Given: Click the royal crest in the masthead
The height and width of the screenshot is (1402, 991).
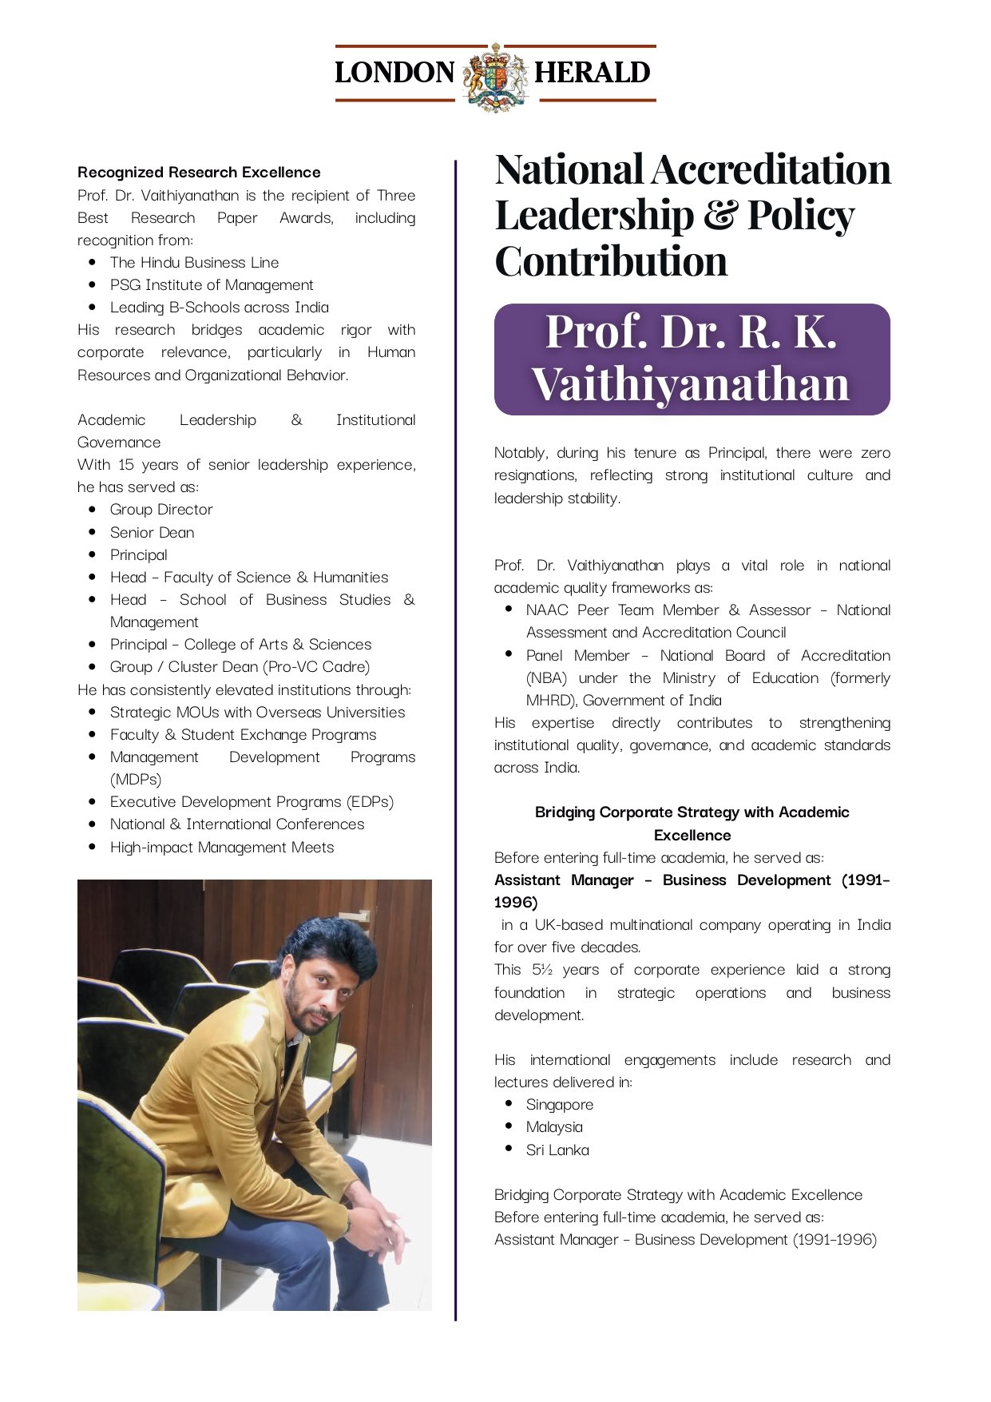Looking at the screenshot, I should point(496,75).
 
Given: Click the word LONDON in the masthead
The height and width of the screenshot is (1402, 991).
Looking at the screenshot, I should point(394,73).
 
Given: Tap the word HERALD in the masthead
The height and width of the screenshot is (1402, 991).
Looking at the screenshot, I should point(592,73).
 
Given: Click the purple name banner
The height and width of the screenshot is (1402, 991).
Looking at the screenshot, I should point(692,359).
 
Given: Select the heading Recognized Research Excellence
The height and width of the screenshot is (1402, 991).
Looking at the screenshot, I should point(199,173).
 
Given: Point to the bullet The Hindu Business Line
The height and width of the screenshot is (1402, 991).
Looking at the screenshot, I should point(194,263).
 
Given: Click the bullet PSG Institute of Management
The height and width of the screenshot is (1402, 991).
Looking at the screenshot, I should point(212,285).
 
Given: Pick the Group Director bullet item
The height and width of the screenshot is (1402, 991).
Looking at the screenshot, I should point(161,510).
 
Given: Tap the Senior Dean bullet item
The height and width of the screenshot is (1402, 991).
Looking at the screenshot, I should point(152,533).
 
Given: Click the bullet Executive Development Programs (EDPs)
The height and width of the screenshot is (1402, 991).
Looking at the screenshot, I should point(252,802).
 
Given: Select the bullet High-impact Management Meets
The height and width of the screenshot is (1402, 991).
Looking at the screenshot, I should point(222,848).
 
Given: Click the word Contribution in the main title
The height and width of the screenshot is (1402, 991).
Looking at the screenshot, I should point(611,262).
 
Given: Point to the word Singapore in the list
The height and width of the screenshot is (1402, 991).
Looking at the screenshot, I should point(559,1105).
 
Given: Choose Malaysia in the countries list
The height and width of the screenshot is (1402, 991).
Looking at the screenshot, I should point(554,1127).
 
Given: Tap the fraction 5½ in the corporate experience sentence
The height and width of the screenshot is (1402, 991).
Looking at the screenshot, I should point(542,970).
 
